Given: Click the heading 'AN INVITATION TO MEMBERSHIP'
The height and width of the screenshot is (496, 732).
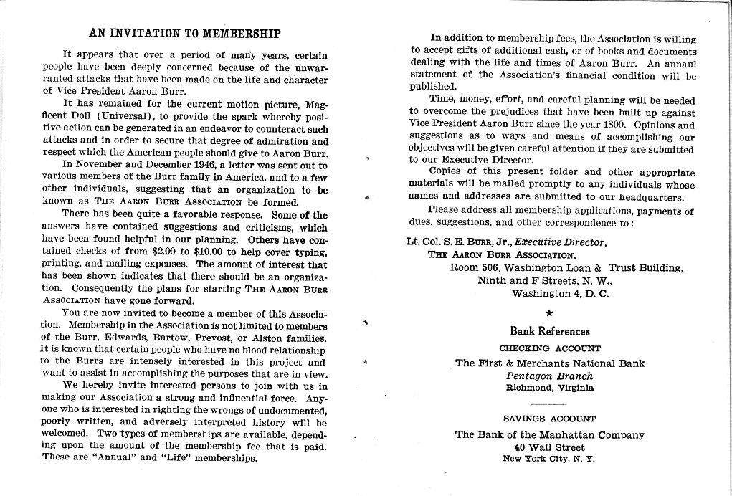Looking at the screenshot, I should pos(184,33).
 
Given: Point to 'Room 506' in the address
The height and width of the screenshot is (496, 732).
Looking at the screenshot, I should pos(474,267).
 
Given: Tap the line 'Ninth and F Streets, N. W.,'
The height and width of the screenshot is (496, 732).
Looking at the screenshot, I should pos(545,280).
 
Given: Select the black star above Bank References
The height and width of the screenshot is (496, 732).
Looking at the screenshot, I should pos(549,313).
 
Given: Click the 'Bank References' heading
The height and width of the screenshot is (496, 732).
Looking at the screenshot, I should pos(549,331).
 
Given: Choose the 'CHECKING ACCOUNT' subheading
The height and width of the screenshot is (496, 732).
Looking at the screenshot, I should pos(549,348).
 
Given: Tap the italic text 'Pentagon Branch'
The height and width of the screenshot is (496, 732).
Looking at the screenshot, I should pos(549,376).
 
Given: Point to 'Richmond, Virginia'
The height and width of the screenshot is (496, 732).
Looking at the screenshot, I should pos(549,388).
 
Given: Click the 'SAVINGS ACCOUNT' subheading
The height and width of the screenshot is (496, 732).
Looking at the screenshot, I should pos(549,418).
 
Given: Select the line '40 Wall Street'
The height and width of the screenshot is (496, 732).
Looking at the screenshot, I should pos(549,447).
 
